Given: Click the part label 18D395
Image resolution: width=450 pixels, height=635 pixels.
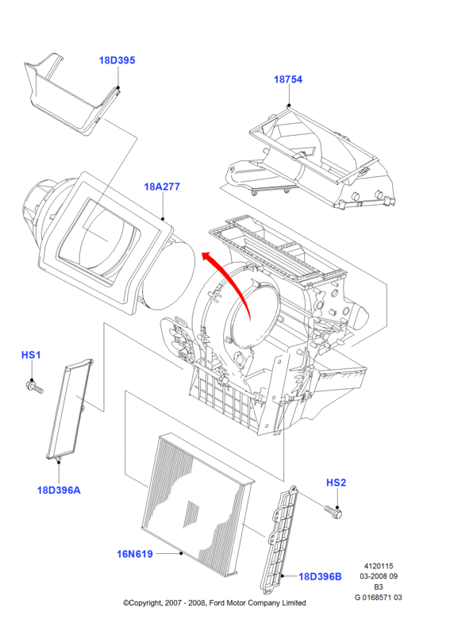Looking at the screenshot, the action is [117, 60].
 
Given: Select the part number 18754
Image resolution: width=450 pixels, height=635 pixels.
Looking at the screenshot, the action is [288, 79].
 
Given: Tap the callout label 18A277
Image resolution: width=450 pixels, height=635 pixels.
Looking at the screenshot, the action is [162, 187].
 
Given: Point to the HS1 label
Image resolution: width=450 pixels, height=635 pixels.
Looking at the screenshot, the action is [31, 355].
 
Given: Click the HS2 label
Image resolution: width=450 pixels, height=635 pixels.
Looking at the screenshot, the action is [337, 483].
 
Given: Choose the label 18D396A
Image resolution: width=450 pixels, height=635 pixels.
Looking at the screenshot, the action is [59, 490].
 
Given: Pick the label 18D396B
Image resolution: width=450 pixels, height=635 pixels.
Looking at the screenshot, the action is [320, 576].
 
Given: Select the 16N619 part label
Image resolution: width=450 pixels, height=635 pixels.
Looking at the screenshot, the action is [135, 553].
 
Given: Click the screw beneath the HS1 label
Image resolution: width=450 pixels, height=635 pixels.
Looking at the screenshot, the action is [33, 387].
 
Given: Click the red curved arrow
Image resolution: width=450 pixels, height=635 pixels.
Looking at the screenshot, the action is [231, 279].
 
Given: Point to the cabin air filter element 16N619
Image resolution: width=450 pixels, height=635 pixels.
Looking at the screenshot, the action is [198, 506].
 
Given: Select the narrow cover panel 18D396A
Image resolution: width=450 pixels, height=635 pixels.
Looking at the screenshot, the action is [70, 409].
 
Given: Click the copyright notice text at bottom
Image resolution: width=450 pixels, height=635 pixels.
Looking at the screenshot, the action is [214, 603].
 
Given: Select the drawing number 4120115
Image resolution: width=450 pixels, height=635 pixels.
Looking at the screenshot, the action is [379, 566].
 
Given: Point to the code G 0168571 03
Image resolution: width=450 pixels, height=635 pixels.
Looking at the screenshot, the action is [379, 598].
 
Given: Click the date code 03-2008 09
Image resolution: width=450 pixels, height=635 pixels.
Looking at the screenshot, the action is [379, 576].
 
